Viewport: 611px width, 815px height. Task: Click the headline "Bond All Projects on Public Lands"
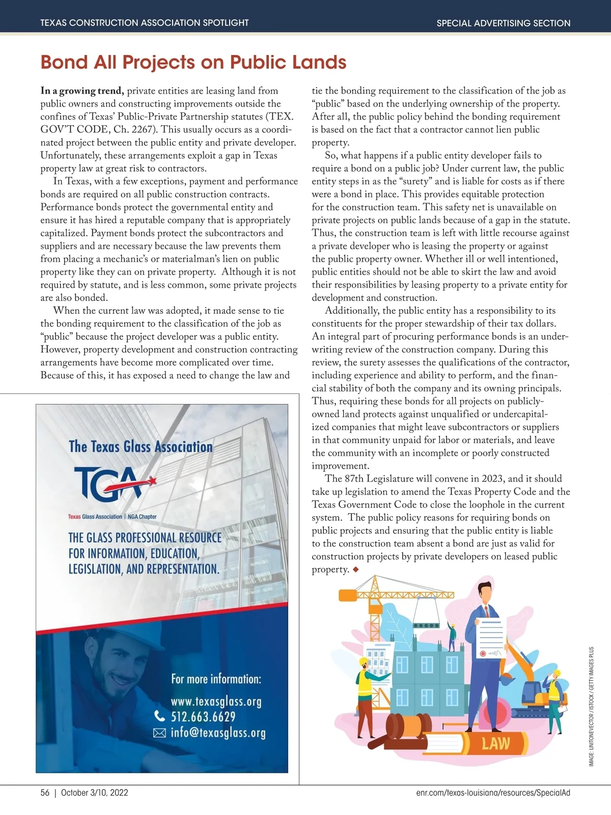click(x=193, y=62)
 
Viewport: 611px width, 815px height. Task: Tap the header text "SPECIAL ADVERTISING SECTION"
click(x=503, y=23)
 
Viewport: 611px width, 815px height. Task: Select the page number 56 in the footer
click(x=45, y=793)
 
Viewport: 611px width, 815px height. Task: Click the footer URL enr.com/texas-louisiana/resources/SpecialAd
click(x=489, y=793)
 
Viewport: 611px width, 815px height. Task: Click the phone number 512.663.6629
click(x=203, y=717)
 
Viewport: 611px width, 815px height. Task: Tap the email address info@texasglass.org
click(x=218, y=733)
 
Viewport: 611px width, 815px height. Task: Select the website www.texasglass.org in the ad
click(x=216, y=701)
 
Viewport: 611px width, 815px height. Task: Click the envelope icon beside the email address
click(x=159, y=733)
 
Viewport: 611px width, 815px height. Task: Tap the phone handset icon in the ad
click(x=160, y=717)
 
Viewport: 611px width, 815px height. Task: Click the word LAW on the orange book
click(x=495, y=743)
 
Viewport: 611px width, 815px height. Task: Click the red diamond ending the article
click(x=355, y=569)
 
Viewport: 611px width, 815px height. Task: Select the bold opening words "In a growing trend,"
click(x=82, y=91)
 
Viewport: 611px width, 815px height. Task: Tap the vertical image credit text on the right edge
click(x=591, y=706)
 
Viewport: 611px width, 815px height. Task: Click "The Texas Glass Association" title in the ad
click(x=141, y=447)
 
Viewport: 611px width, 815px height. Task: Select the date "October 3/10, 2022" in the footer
click(x=94, y=793)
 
